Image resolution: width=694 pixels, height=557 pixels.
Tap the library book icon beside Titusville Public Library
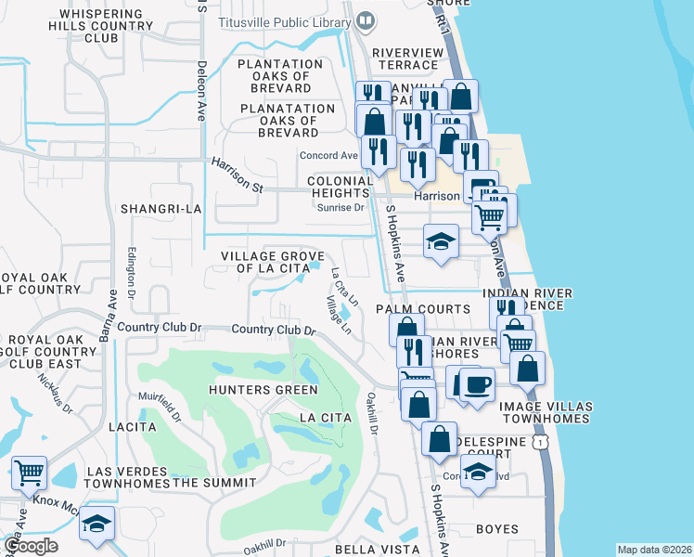(x=366, y=19)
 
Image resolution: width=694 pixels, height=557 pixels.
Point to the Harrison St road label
(x=238, y=175)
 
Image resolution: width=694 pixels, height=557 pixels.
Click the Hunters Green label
(x=263, y=389)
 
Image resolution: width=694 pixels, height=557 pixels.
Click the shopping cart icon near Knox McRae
(x=29, y=473)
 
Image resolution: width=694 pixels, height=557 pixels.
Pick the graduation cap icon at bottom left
(x=96, y=524)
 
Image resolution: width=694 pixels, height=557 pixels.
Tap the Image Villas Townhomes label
(x=544, y=412)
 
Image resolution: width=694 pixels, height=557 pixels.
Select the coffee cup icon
(x=478, y=383)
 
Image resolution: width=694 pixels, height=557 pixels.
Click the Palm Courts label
(x=422, y=308)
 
